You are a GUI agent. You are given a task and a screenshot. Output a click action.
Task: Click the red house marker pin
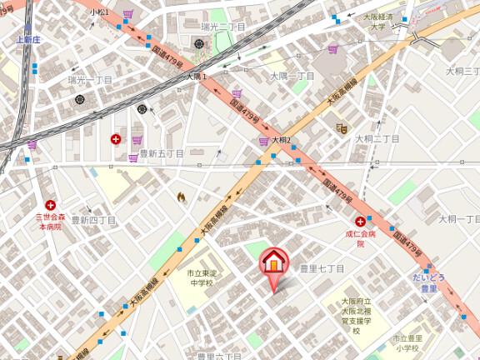pos(274,263)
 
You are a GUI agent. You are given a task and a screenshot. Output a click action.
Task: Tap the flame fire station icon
pos(181,197)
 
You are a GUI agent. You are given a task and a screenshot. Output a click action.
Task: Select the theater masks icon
pos(341,127)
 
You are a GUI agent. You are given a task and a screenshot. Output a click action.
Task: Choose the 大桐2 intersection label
pos(281,140)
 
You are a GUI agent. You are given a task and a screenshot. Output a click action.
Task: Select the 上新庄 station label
pos(27,39)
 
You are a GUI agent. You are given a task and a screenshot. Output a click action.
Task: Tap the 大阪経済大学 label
pos(383,22)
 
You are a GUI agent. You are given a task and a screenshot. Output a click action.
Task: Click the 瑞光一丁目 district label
pos(90,79)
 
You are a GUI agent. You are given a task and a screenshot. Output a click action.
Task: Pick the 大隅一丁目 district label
pos(292,76)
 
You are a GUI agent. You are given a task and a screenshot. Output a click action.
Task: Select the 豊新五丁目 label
pos(162,153)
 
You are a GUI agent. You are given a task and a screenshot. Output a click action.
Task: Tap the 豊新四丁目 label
pos(93,220)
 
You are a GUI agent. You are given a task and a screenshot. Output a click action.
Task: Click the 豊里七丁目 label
pos(322,268)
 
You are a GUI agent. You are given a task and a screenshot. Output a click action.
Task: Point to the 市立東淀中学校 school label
pos(200,278)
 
